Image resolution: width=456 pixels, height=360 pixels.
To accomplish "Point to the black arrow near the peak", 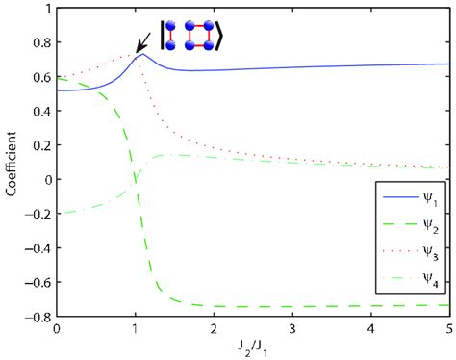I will click(148, 41).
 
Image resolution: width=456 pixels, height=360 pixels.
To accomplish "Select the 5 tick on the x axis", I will click(448, 330).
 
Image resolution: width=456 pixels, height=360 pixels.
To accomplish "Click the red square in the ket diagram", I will click(187, 36).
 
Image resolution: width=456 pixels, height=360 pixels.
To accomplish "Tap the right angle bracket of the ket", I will click(219, 36).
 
